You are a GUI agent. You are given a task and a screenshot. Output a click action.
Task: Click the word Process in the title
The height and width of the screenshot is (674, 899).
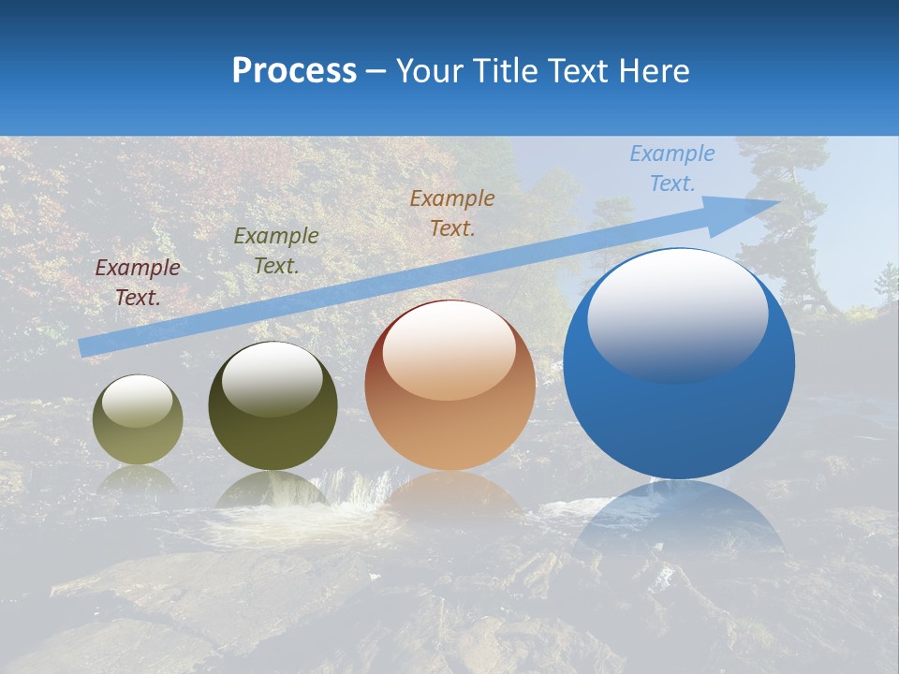click(294, 71)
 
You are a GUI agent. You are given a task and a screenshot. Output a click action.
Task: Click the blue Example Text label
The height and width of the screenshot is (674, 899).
click(671, 168)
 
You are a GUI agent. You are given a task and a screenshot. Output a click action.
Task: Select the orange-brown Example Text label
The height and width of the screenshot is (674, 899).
click(451, 212)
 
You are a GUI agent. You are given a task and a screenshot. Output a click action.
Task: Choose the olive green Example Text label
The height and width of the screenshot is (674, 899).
click(276, 251)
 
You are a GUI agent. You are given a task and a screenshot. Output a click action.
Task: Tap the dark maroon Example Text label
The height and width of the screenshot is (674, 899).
click(138, 283)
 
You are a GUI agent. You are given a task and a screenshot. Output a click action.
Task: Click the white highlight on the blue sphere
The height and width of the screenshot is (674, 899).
click(677, 314)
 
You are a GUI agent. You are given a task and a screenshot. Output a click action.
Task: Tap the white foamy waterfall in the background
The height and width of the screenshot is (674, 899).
click(361, 491)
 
